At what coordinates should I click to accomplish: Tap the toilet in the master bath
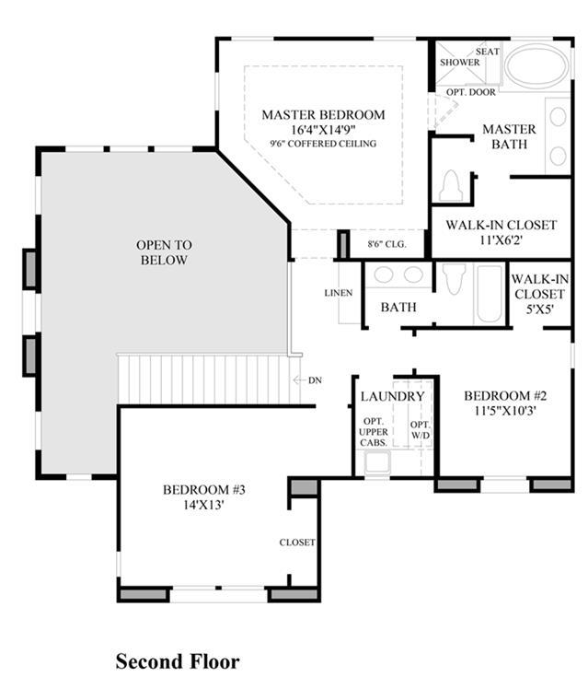(x=451, y=186)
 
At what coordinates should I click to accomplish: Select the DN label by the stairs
(x=315, y=380)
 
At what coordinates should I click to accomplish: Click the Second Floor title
(x=178, y=661)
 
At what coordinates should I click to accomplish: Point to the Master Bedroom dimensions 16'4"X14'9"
(x=324, y=130)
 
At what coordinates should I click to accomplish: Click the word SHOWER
(x=459, y=63)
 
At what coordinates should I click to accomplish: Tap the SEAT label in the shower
(x=488, y=52)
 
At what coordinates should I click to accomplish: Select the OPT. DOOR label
(x=470, y=92)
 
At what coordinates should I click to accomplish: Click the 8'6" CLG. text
(x=387, y=244)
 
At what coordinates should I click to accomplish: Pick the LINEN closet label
(x=339, y=293)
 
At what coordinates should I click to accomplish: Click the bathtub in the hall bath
(x=489, y=294)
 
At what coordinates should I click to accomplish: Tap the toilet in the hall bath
(x=455, y=279)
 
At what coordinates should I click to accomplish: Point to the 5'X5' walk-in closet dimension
(x=539, y=309)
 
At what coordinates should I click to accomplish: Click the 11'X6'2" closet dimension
(x=501, y=239)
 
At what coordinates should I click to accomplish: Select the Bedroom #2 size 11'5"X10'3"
(x=505, y=410)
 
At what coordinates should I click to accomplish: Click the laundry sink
(x=377, y=462)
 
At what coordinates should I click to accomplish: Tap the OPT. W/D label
(x=421, y=430)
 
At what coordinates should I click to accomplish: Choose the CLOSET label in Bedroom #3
(x=297, y=543)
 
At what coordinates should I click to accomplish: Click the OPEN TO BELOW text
(x=164, y=252)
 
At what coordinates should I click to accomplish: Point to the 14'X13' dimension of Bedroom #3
(x=203, y=505)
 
